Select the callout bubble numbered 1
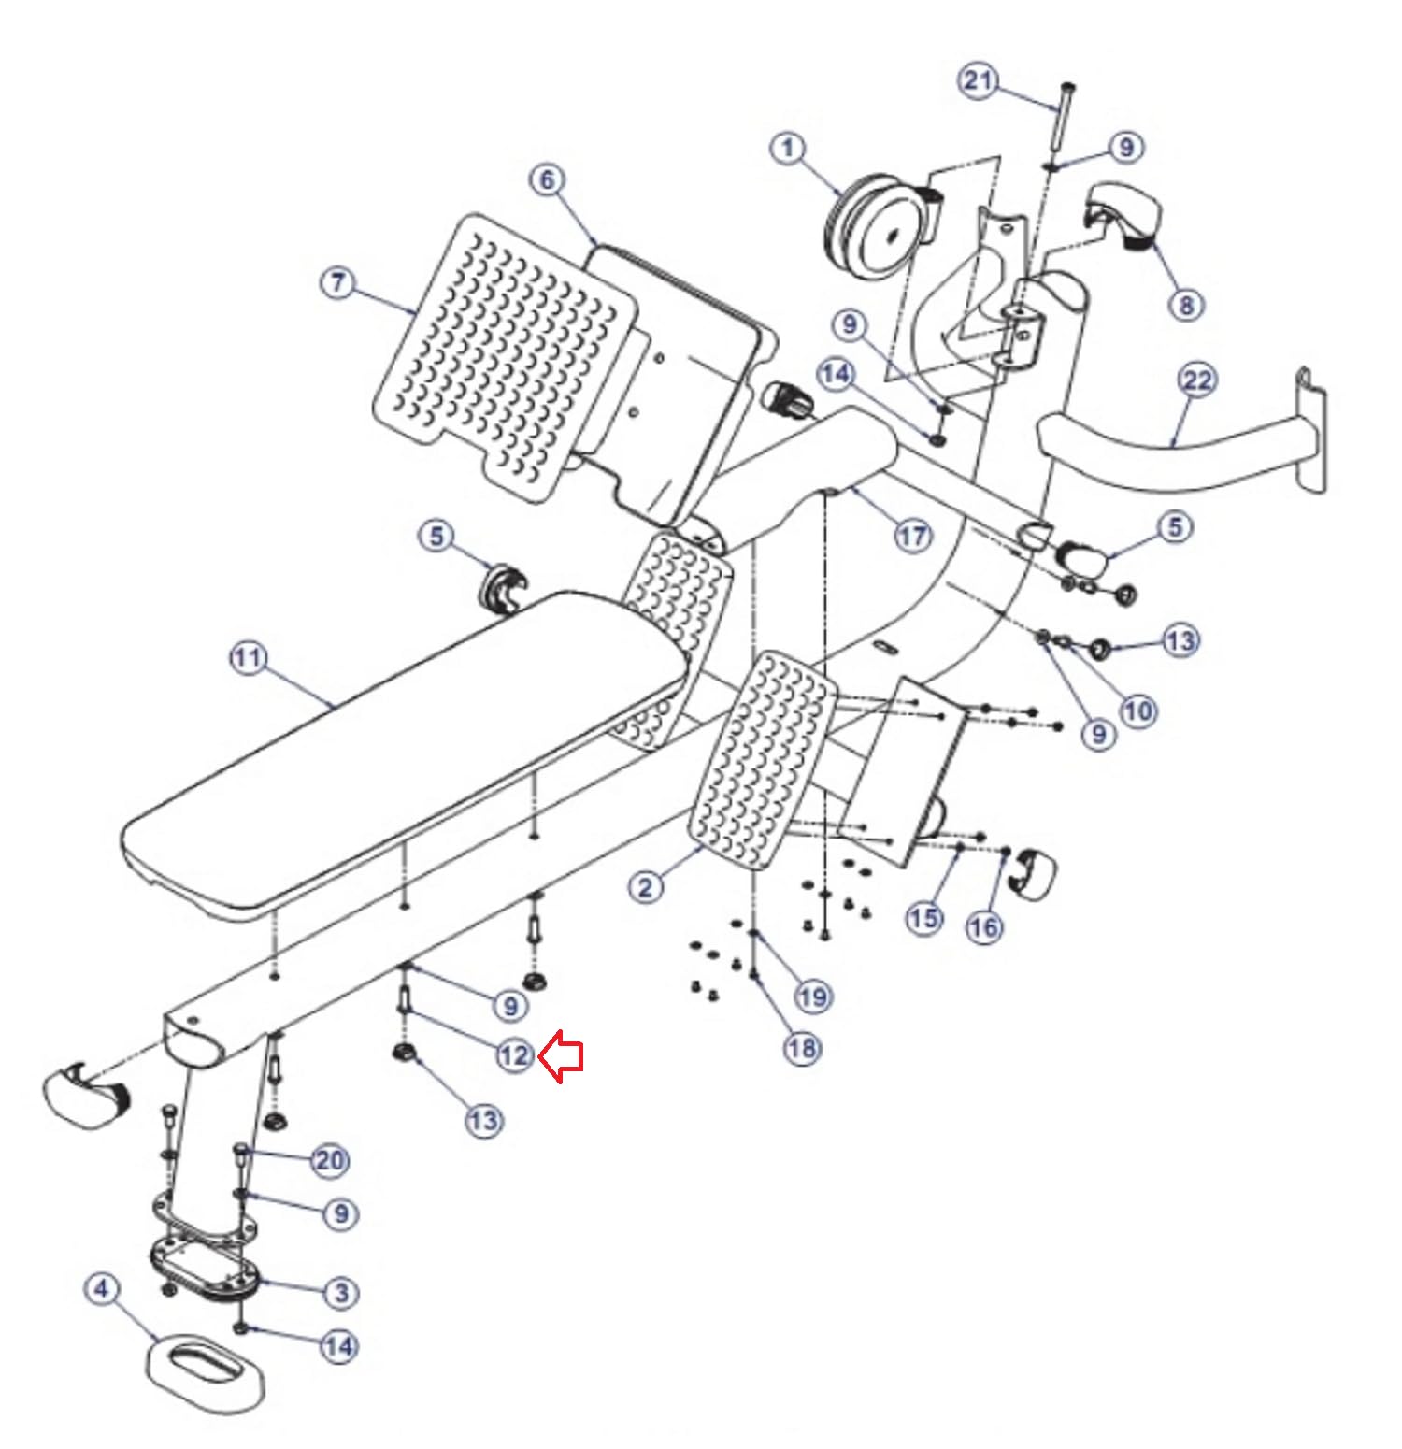(x=789, y=148)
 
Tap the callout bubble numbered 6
(x=548, y=179)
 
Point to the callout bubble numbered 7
(x=338, y=282)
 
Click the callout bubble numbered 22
(x=1197, y=380)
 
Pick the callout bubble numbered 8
(x=1185, y=304)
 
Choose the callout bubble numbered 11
(x=248, y=658)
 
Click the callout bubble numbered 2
(x=646, y=886)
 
